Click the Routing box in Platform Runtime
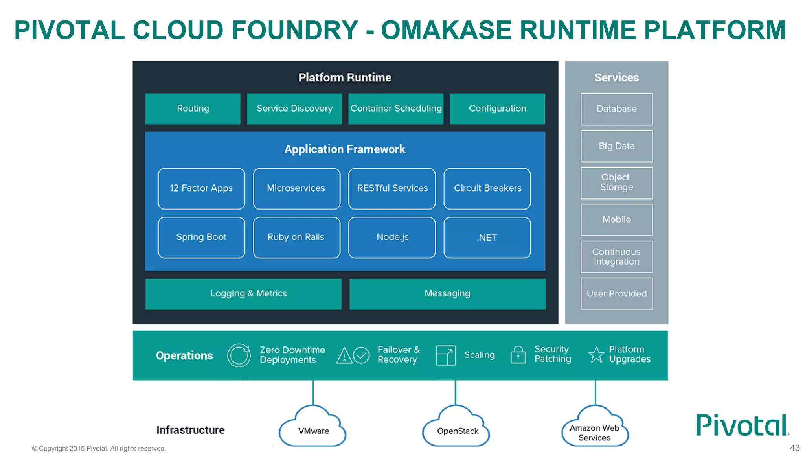coord(193,109)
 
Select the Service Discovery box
coord(294,109)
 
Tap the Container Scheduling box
coord(396,109)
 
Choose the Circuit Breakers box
coord(487,188)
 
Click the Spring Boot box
coord(201,237)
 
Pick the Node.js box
coord(392,237)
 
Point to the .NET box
coord(487,237)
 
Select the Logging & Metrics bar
coord(243,294)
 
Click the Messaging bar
coord(447,294)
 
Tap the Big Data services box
coord(616,146)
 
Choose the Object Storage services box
coord(616,182)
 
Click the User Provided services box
coord(616,294)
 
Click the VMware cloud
coord(313,429)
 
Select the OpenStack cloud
coord(457,429)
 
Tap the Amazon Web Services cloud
coord(595,429)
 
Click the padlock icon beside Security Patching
coord(518,355)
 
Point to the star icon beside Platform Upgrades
coord(596,355)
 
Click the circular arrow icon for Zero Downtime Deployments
coord(239,355)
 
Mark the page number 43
coord(795,448)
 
